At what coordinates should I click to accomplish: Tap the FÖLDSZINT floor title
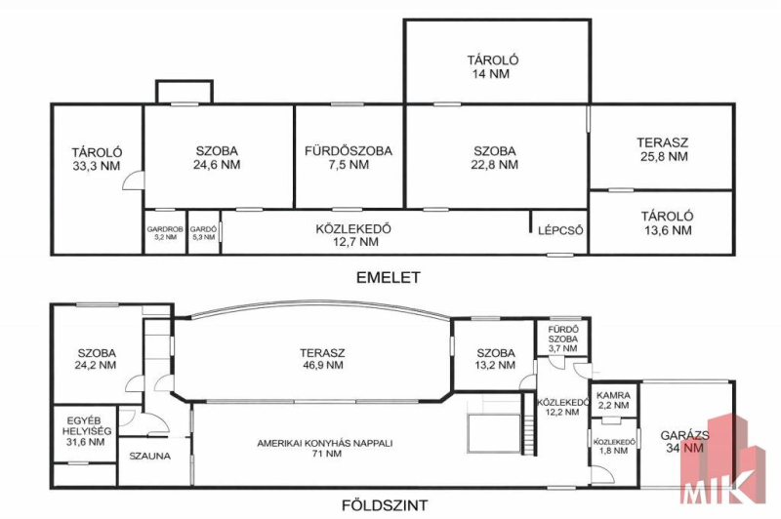click(385, 505)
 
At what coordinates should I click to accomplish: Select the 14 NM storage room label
click(493, 66)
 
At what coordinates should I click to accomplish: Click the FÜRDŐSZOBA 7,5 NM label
click(349, 157)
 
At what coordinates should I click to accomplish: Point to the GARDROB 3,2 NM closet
click(165, 233)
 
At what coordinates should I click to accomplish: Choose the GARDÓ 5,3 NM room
click(203, 233)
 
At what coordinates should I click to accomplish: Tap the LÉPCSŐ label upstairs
click(560, 230)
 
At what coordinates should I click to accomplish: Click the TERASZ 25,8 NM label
click(662, 149)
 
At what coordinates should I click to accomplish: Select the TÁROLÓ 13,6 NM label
click(667, 223)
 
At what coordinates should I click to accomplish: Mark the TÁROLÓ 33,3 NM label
click(97, 159)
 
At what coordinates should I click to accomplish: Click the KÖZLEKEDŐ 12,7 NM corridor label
click(353, 235)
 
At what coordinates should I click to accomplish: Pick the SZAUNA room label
click(150, 456)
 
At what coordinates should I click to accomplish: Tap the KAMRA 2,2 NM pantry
click(613, 400)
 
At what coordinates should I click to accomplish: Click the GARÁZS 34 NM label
click(685, 441)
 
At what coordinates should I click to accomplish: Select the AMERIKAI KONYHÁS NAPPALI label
click(325, 448)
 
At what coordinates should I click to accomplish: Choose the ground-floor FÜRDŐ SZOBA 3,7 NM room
click(563, 339)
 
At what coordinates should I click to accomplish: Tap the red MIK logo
click(722, 459)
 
